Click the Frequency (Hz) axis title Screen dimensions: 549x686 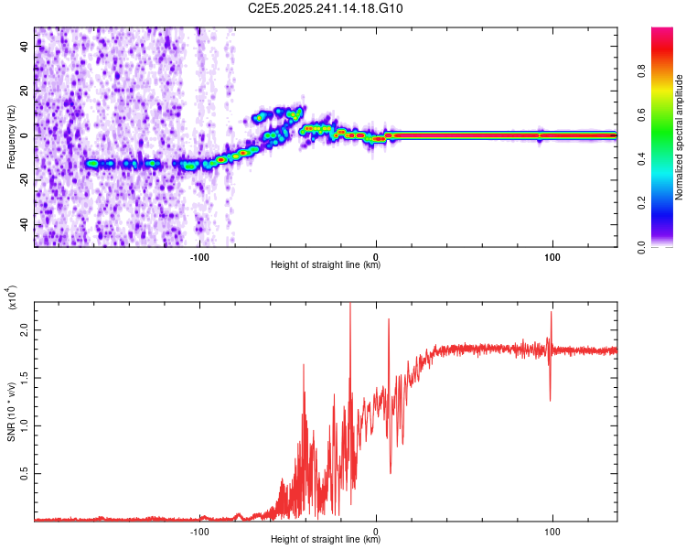coord(11,137)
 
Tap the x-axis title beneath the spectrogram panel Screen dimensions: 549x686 coord(326,266)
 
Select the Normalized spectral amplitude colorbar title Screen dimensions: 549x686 coord(681,137)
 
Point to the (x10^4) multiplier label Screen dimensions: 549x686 coord(11,297)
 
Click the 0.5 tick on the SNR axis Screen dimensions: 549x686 coord(24,473)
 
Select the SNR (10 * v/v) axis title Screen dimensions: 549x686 coord(11,412)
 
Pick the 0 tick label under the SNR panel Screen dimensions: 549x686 coord(377,531)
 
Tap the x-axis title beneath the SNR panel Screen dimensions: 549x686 coord(326,540)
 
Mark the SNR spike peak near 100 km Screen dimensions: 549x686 coord(551,313)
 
